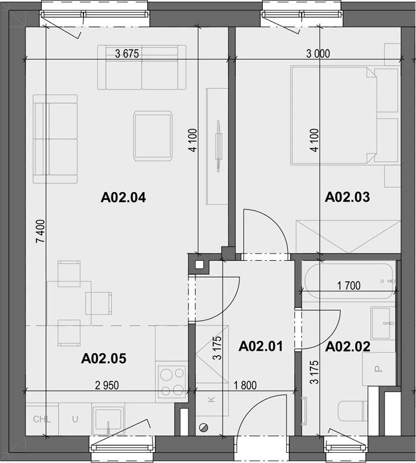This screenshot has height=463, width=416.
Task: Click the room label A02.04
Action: [x=123, y=197]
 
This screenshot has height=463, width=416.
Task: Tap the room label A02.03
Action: [x=347, y=197]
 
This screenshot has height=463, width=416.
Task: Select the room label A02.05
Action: [x=104, y=359]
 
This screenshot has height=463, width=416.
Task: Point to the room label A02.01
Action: [x=261, y=346]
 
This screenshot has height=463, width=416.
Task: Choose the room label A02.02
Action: [x=347, y=347]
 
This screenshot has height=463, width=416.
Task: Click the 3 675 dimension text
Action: [x=127, y=54]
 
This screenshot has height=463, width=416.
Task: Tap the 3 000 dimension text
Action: [x=318, y=54]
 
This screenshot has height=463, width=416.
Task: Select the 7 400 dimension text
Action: [x=41, y=231]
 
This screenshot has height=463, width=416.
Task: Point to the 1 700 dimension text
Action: [x=349, y=286]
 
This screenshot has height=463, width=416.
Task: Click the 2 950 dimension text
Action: [x=107, y=385]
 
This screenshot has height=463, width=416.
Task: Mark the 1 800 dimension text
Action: [x=245, y=385]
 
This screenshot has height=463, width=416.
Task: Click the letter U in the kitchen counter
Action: [x=75, y=419]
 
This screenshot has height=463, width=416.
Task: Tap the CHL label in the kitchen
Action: [x=42, y=419]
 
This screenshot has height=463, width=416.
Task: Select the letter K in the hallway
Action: [x=211, y=400]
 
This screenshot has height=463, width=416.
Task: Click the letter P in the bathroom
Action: [x=378, y=369]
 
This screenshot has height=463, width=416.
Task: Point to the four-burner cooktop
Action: [x=172, y=382]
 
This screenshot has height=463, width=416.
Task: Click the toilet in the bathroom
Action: [x=353, y=411]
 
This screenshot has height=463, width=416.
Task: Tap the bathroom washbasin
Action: [x=383, y=323]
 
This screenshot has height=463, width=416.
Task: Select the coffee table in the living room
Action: [x=153, y=136]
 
